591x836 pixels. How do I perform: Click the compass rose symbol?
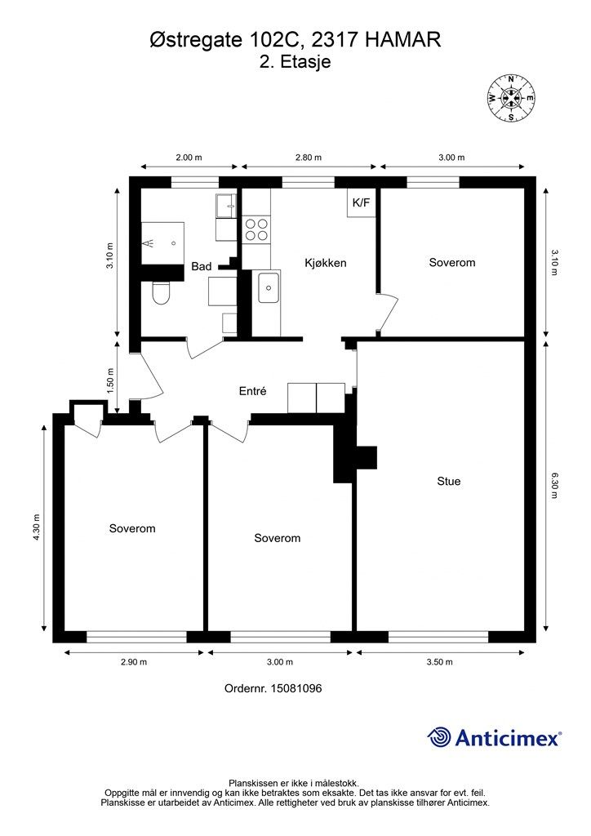click(x=511, y=98)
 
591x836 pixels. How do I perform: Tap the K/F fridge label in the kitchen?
click(x=361, y=202)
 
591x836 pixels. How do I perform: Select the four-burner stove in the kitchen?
click(x=256, y=229)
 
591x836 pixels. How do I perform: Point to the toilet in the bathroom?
click(x=161, y=292)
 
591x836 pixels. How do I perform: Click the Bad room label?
click(x=202, y=266)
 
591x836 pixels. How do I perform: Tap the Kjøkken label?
click(x=326, y=263)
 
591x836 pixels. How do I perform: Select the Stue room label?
click(x=449, y=481)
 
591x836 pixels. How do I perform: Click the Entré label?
click(x=252, y=391)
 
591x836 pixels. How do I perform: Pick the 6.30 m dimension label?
click(x=555, y=485)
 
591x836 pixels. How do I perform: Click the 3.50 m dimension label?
click(x=440, y=661)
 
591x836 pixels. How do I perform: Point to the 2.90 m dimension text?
click(x=134, y=661)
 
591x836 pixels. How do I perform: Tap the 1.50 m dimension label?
click(x=110, y=380)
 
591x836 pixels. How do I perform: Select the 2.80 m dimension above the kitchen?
click(x=309, y=158)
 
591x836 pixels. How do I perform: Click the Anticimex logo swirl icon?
click(x=440, y=737)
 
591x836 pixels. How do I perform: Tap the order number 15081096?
click(x=296, y=688)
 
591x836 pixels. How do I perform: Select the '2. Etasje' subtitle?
click(x=295, y=61)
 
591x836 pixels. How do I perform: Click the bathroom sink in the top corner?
click(x=226, y=206)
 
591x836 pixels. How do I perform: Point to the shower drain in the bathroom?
click(x=174, y=243)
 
